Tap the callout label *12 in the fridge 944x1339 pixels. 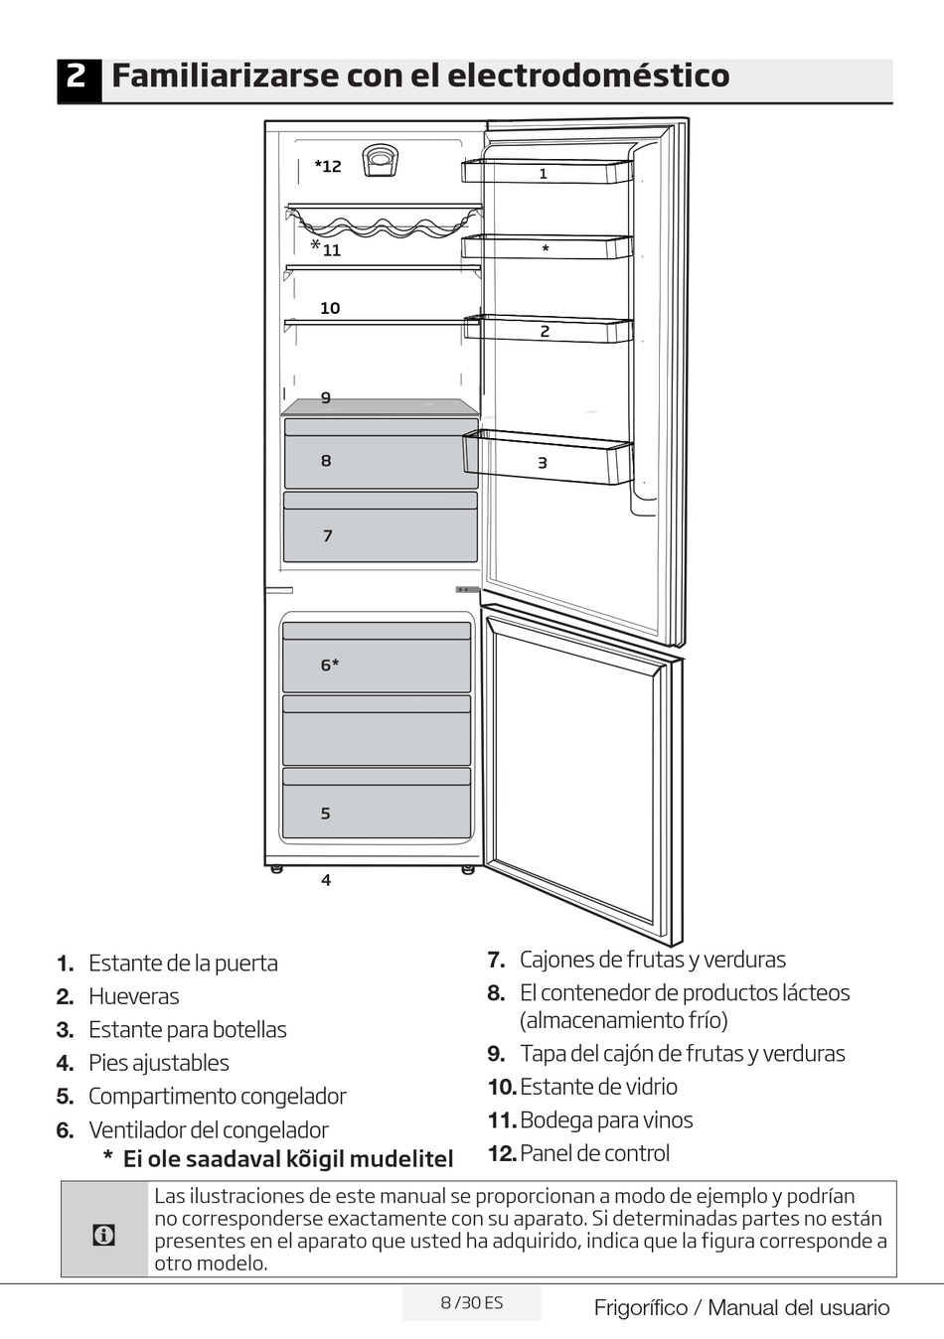pyautogui.click(x=328, y=166)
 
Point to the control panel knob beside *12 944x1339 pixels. pyautogui.click(x=380, y=159)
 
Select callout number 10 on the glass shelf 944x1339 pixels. pyautogui.click(x=330, y=308)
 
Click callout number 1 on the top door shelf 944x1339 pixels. pyautogui.click(x=544, y=174)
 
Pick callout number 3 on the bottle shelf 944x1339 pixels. pyautogui.click(x=543, y=463)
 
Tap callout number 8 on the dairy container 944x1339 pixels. pyautogui.click(x=326, y=461)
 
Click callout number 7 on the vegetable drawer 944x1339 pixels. pyautogui.click(x=328, y=536)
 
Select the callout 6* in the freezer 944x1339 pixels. pyautogui.click(x=330, y=665)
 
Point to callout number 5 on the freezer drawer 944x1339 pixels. pyautogui.click(x=325, y=814)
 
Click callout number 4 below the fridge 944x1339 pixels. pyautogui.click(x=326, y=880)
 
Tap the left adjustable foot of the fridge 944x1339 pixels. pyautogui.click(x=277, y=869)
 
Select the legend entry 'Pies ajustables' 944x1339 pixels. pyautogui.click(x=159, y=1063)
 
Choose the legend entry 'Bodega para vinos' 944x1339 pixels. pyautogui.click(x=606, y=1120)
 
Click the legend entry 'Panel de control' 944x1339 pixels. pyautogui.click(x=594, y=1153)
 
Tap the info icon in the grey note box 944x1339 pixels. pyautogui.click(x=103, y=1235)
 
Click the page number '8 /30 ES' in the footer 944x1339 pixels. pyautogui.click(x=472, y=1303)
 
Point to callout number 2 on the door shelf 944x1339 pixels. pyautogui.click(x=545, y=332)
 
